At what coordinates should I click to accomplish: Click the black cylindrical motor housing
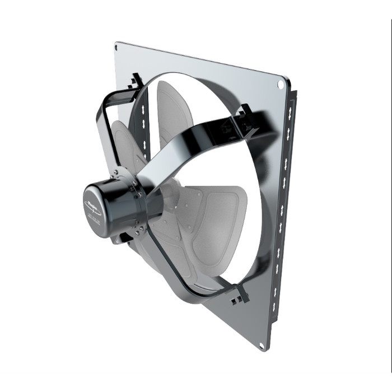112,208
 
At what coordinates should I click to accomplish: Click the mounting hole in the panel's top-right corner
281,84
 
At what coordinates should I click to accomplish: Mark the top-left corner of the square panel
116,43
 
